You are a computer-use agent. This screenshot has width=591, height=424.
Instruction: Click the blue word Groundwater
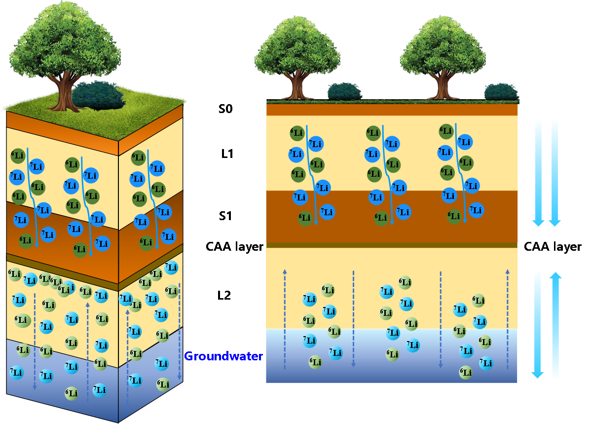coord(223,356)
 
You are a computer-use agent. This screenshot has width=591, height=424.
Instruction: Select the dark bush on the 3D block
coord(97,95)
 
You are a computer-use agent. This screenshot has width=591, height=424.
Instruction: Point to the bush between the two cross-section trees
coord(344,91)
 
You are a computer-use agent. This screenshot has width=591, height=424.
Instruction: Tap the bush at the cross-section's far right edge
coord(501,92)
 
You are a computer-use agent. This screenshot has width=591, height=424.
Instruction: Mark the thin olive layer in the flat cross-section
coord(392,245)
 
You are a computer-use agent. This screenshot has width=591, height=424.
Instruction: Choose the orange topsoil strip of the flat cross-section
coord(392,109)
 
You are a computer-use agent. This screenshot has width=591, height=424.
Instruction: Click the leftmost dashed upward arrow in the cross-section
coord(285,318)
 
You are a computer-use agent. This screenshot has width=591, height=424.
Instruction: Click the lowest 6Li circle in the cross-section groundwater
coord(466,372)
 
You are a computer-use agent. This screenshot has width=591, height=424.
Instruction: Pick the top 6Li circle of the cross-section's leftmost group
coord(297,133)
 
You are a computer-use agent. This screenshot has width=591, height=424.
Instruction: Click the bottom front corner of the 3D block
coord(118,421)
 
